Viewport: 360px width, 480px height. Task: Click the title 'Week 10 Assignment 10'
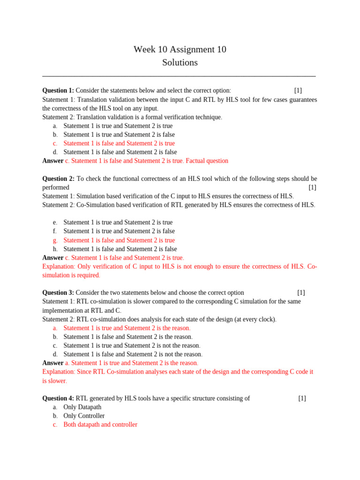180,49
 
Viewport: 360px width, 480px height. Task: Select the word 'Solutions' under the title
180,62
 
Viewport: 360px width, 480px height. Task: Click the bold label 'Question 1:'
58,90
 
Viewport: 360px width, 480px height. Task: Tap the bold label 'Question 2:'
58,179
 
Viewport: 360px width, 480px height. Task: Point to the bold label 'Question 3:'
58,292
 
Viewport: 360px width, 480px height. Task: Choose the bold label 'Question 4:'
58,398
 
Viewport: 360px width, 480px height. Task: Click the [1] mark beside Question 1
298,90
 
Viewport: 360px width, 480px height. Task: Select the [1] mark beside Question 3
301,292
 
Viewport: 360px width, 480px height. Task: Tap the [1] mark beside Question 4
302,398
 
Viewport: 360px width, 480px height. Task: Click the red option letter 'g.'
55,240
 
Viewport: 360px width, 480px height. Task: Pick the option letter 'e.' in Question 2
55,223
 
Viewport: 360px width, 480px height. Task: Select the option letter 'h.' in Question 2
55,249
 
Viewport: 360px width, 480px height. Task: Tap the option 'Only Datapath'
82,407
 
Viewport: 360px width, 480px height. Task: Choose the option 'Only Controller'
84,416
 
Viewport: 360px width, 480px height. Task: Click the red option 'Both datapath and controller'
100,425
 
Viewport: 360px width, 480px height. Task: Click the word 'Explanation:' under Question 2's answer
58,267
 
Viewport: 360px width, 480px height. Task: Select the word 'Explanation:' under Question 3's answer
58,372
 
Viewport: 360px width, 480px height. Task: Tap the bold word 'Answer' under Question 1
52,161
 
